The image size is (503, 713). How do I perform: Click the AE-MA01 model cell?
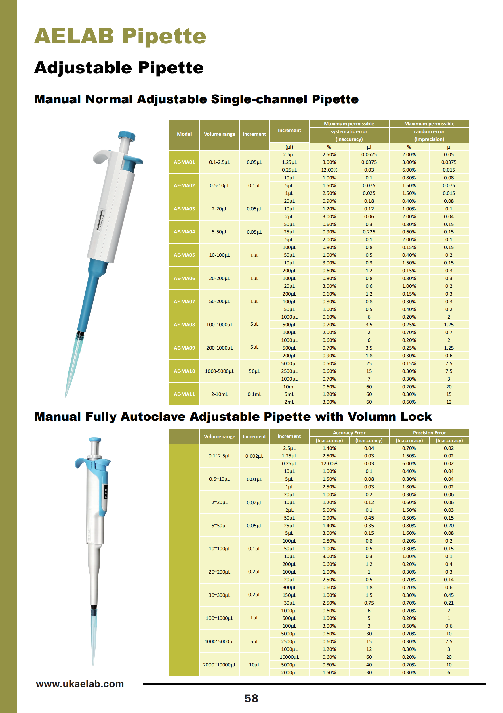[x=184, y=162]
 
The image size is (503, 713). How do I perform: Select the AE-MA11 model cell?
[x=184, y=394]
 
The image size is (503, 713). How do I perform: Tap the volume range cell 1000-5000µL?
[x=219, y=371]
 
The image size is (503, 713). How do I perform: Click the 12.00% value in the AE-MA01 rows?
[x=329, y=170]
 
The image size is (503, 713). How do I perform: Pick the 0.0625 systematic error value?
[x=369, y=154]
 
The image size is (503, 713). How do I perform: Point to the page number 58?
[x=251, y=698]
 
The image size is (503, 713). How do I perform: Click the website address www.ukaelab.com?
[x=80, y=683]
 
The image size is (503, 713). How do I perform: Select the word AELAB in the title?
[x=74, y=36]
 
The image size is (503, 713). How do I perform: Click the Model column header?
[x=184, y=134]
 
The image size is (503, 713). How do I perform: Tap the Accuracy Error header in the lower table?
[x=349, y=433]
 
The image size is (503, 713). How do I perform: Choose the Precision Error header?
[x=429, y=433]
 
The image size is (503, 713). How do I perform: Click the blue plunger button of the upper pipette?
[x=127, y=136]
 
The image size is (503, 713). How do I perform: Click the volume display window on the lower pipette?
[x=106, y=492]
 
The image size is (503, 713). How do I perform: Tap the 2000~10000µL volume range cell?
[x=219, y=664]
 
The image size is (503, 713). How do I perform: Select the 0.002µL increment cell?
[x=254, y=456]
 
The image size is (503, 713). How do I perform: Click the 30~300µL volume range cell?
[x=219, y=595]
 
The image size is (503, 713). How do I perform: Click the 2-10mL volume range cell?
[x=219, y=394]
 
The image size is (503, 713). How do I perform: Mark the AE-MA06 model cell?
[x=184, y=278]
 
